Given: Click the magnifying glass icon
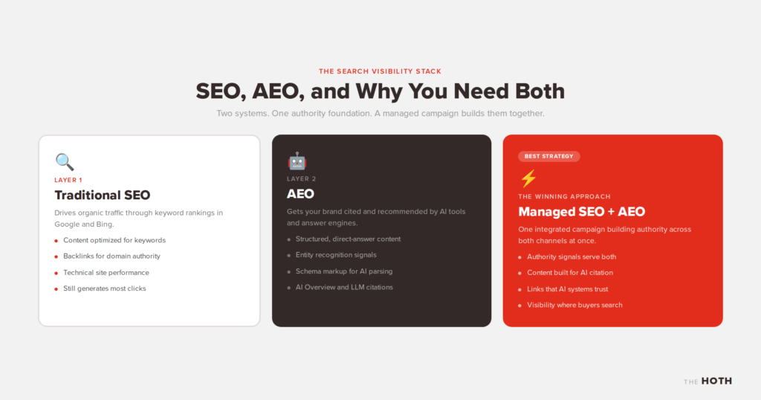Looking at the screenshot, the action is click(x=65, y=161).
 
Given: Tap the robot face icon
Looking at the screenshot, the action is click(x=297, y=161).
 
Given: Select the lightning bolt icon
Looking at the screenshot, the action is click(x=528, y=178).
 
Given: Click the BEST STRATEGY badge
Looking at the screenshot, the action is click(x=549, y=156).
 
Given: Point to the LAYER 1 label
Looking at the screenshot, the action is click(x=68, y=180).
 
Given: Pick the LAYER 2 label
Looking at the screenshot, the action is click(x=302, y=178).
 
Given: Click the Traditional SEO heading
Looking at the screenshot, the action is click(x=103, y=195).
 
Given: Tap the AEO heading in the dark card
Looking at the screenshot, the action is click(x=300, y=194).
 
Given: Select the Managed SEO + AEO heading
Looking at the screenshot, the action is click(x=581, y=212).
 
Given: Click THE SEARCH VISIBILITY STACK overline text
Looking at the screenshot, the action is click(x=380, y=71).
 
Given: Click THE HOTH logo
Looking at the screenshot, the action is click(x=707, y=381).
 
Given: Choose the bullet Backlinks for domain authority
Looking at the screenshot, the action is click(x=111, y=257).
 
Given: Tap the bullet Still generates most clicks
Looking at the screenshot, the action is click(x=104, y=288).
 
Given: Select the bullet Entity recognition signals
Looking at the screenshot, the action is click(x=336, y=255).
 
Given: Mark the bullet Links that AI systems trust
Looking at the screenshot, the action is click(x=567, y=288).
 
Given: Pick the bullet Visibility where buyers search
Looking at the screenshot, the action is click(x=574, y=305).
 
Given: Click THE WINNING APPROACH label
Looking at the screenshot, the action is click(x=565, y=196).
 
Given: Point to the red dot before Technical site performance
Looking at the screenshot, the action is click(x=56, y=274).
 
